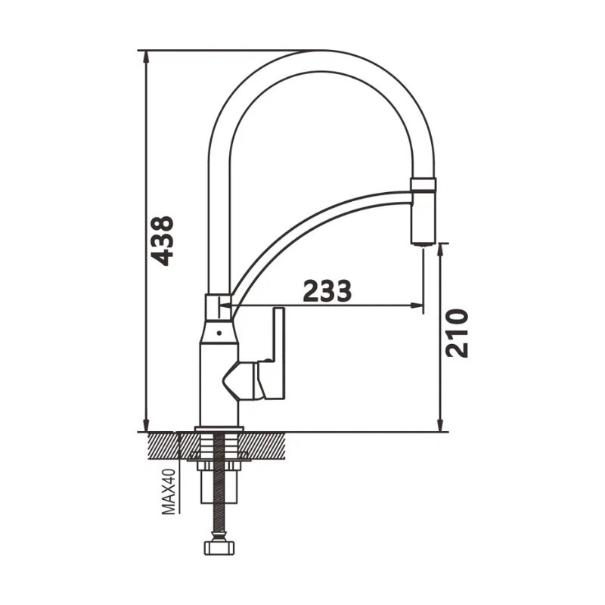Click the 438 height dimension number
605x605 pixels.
pyautogui.click(x=162, y=241)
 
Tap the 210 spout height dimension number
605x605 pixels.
pyautogui.click(x=457, y=333)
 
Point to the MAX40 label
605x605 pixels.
pyautogui.click(x=168, y=492)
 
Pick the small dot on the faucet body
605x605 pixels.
pyautogui.click(x=219, y=332)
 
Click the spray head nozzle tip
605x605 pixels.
pyautogui.click(x=423, y=242)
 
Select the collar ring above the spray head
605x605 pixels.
pyautogui.click(x=423, y=184)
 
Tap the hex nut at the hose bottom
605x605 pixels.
pyautogui.click(x=219, y=547)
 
